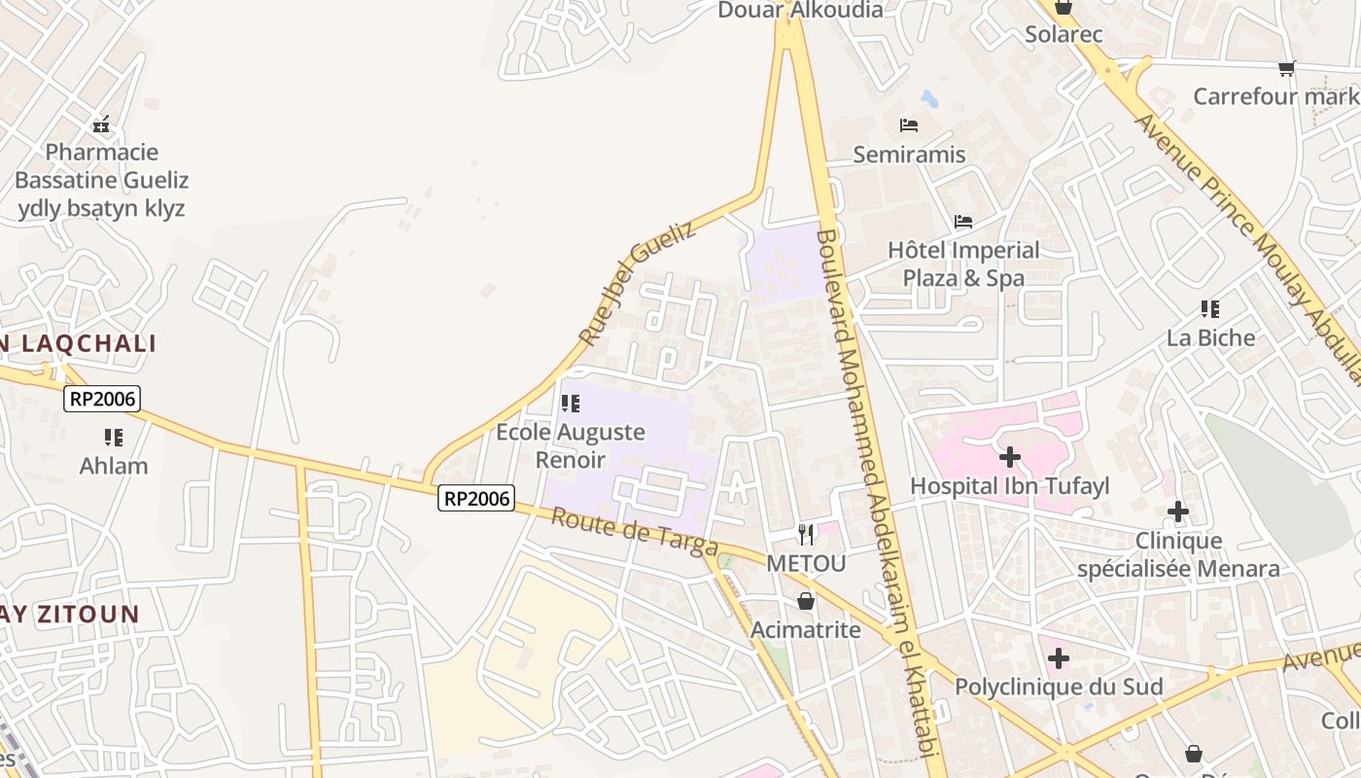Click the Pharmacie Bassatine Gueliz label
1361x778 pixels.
(101, 166)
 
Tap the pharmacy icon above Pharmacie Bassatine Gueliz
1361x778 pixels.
(101, 124)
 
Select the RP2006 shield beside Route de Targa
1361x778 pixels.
(475, 498)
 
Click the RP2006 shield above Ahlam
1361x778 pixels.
(102, 398)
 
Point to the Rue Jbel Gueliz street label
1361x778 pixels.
(638, 283)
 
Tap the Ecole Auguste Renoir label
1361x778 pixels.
(571, 445)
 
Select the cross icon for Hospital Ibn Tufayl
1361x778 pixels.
(1010, 456)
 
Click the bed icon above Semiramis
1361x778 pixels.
(909, 125)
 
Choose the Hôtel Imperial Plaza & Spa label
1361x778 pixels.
(963, 264)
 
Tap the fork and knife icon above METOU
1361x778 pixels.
(806, 534)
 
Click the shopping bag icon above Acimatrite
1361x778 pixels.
(806, 601)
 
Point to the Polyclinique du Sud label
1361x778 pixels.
(1058, 687)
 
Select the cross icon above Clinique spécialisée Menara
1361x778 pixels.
(1178, 512)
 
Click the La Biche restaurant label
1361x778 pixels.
(1210, 337)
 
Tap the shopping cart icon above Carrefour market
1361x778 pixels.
(1287, 68)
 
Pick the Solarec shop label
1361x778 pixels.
(1064, 35)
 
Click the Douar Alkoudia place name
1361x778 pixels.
(800, 11)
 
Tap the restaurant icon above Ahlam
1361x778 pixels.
(114, 438)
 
